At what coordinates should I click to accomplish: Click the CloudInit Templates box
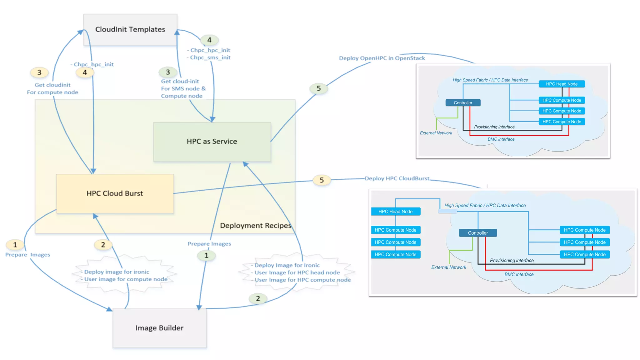coord(130,30)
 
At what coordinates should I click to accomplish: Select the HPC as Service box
coord(212,142)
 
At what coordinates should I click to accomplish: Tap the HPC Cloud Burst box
coord(115,193)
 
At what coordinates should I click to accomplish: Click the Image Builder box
coord(159,328)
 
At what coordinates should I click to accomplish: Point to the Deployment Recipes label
coord(255,226)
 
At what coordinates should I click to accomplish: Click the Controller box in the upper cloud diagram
coord(463,103)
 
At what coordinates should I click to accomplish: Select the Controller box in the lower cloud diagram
coord(477,233)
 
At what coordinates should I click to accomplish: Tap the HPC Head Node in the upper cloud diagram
coord(562,84)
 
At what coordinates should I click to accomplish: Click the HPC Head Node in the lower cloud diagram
coord(395,212)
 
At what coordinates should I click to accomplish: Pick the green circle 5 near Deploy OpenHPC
coord(318,88)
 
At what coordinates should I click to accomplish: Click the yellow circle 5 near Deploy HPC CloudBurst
coord(322,180)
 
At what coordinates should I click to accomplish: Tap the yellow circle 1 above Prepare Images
coord(15,245)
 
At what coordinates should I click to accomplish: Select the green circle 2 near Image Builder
coord(258,298)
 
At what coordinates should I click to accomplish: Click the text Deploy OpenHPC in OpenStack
coord(382,58)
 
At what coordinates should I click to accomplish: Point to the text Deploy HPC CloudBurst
coord(397,178)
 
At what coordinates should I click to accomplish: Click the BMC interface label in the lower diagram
coord(519,274)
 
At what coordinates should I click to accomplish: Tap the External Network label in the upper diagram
coord(436,133)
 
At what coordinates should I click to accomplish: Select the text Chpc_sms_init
coord(210,57)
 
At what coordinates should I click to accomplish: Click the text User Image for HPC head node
coord(297,272)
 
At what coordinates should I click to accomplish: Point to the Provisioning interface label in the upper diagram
coord(494,127)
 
